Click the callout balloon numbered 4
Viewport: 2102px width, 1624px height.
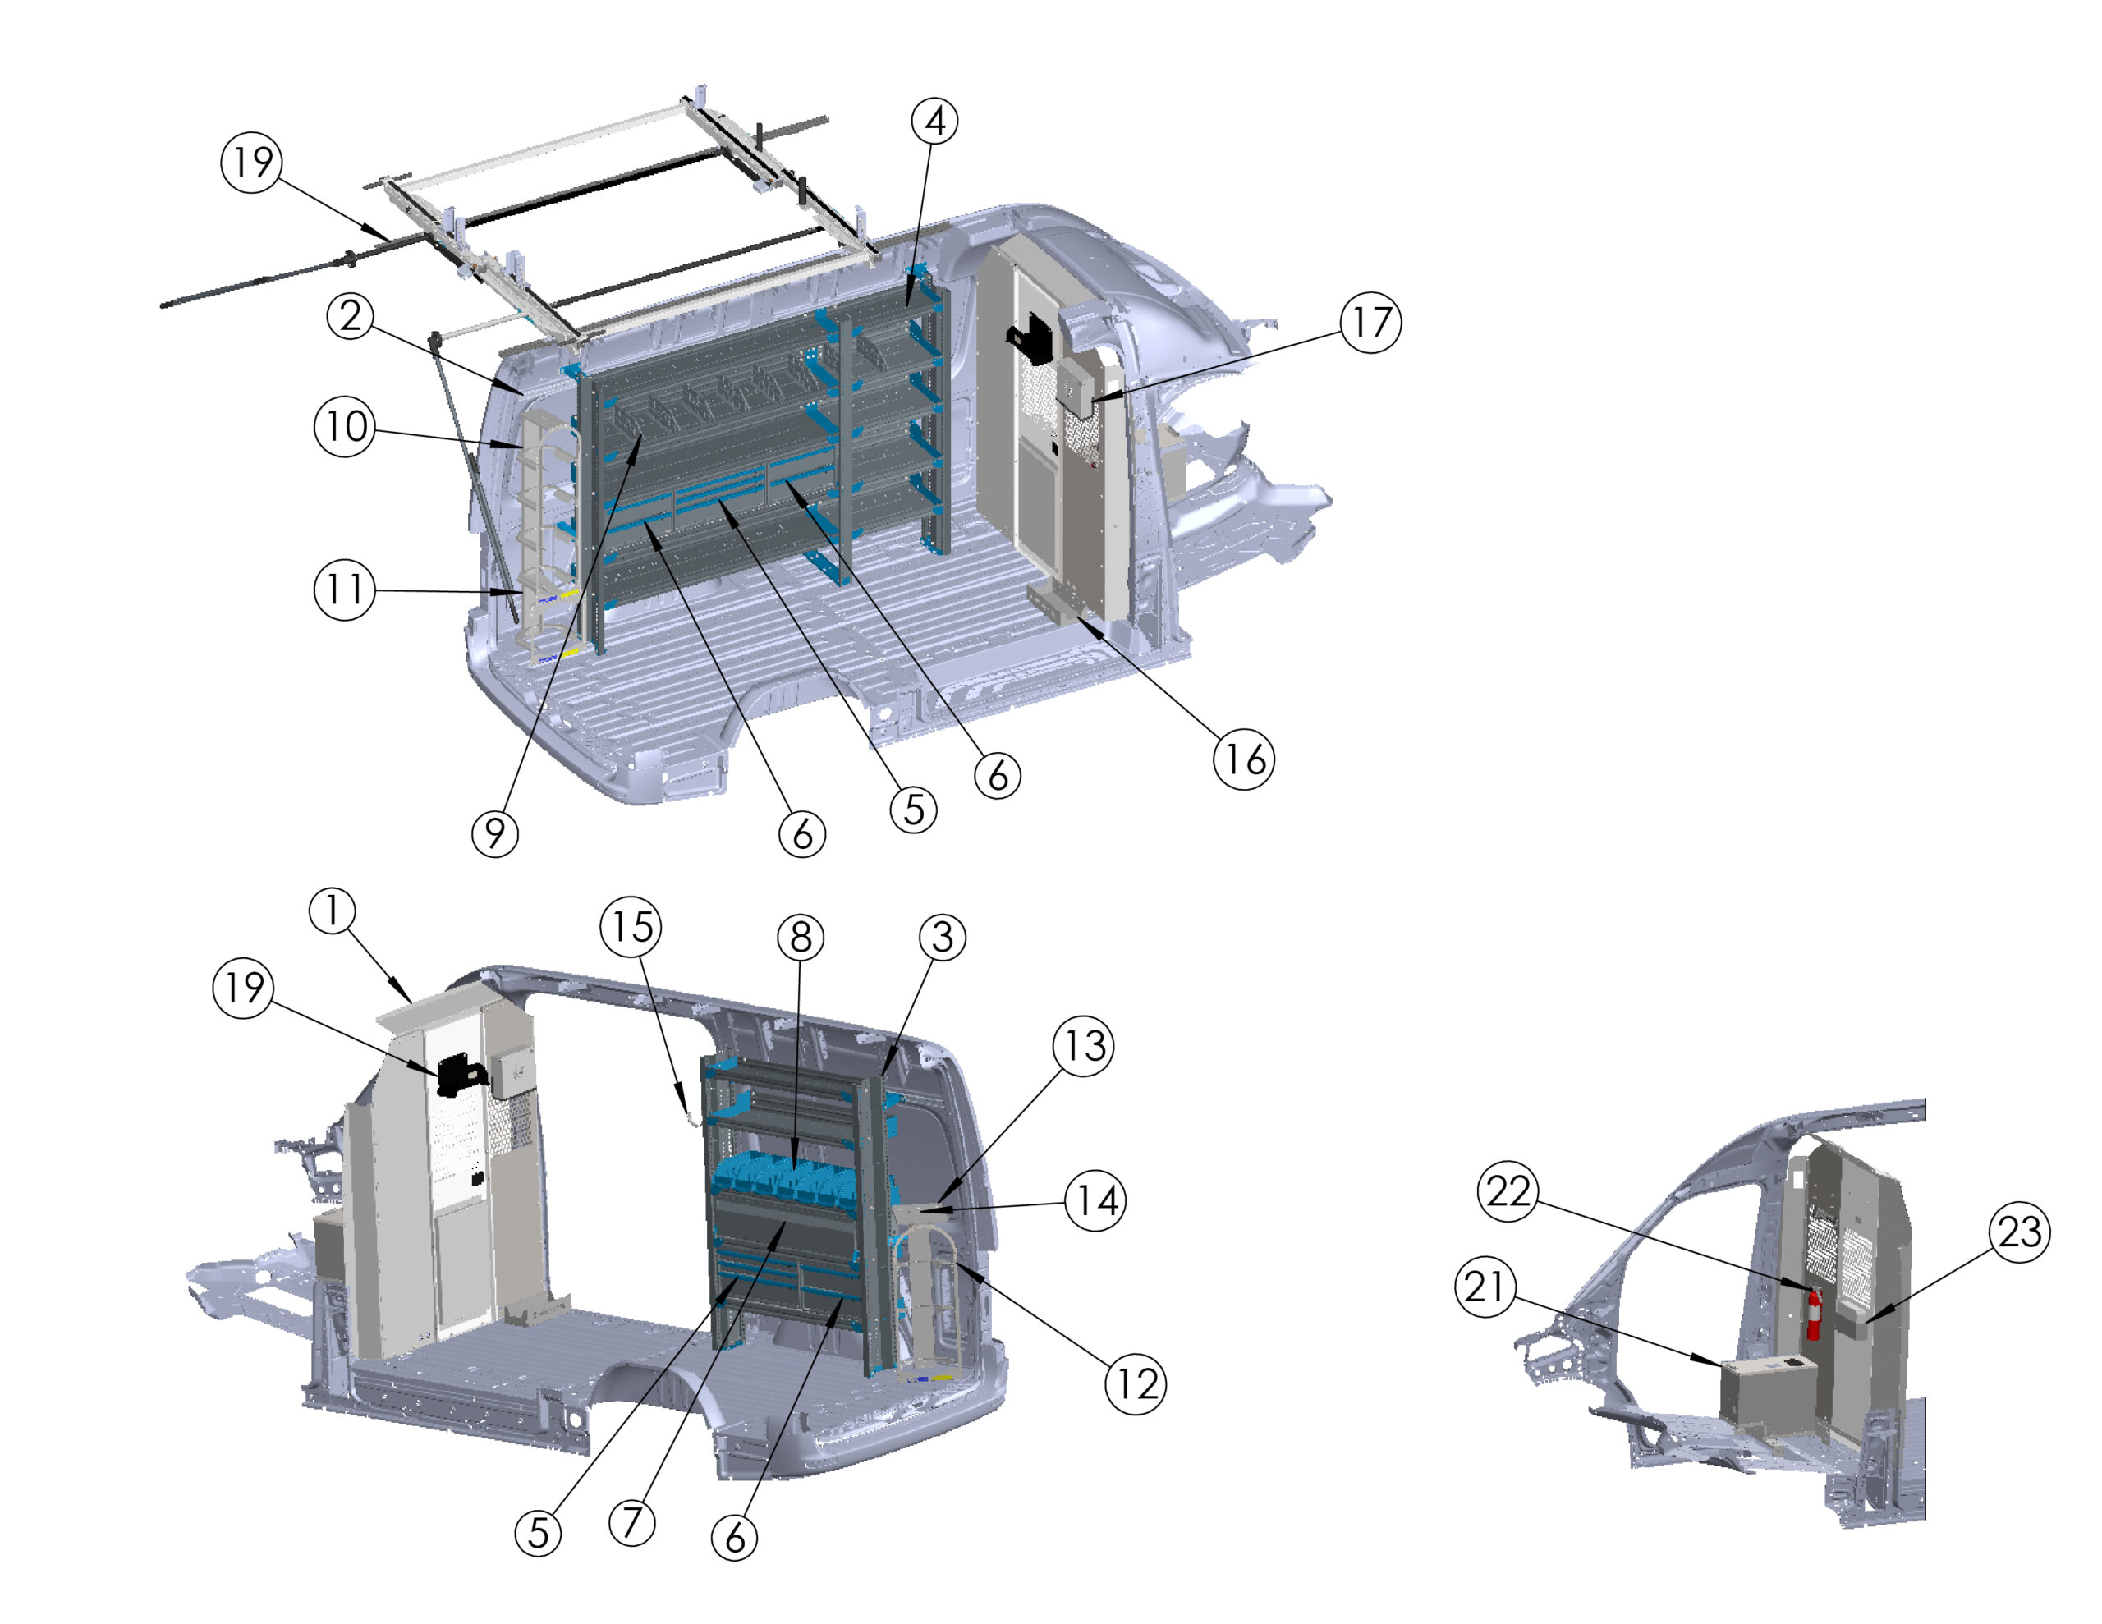coord(934,122)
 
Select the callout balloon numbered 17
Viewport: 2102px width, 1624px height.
coord(1370,323)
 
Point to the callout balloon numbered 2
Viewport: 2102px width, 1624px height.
coord(351,316)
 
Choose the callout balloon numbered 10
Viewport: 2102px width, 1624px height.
coord(345,426)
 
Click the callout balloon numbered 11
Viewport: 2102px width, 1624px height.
coord(345,590)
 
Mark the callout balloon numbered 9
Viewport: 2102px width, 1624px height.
coord(494,833)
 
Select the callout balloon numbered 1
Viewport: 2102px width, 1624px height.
coord(332,911)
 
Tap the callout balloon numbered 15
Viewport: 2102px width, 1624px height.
coord(631,927)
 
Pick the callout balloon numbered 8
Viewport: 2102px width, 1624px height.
coord(801,937)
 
